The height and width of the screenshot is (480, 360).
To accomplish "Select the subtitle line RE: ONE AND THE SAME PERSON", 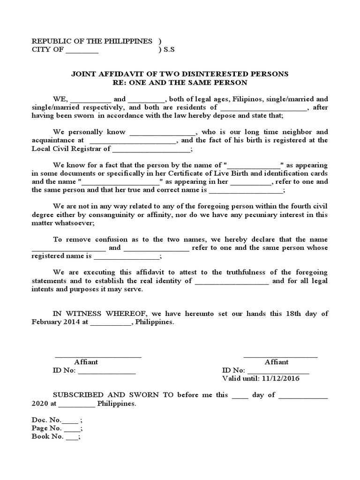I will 180,82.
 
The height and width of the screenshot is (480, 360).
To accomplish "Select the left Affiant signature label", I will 86,362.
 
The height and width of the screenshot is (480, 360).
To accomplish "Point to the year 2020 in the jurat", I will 40,403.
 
